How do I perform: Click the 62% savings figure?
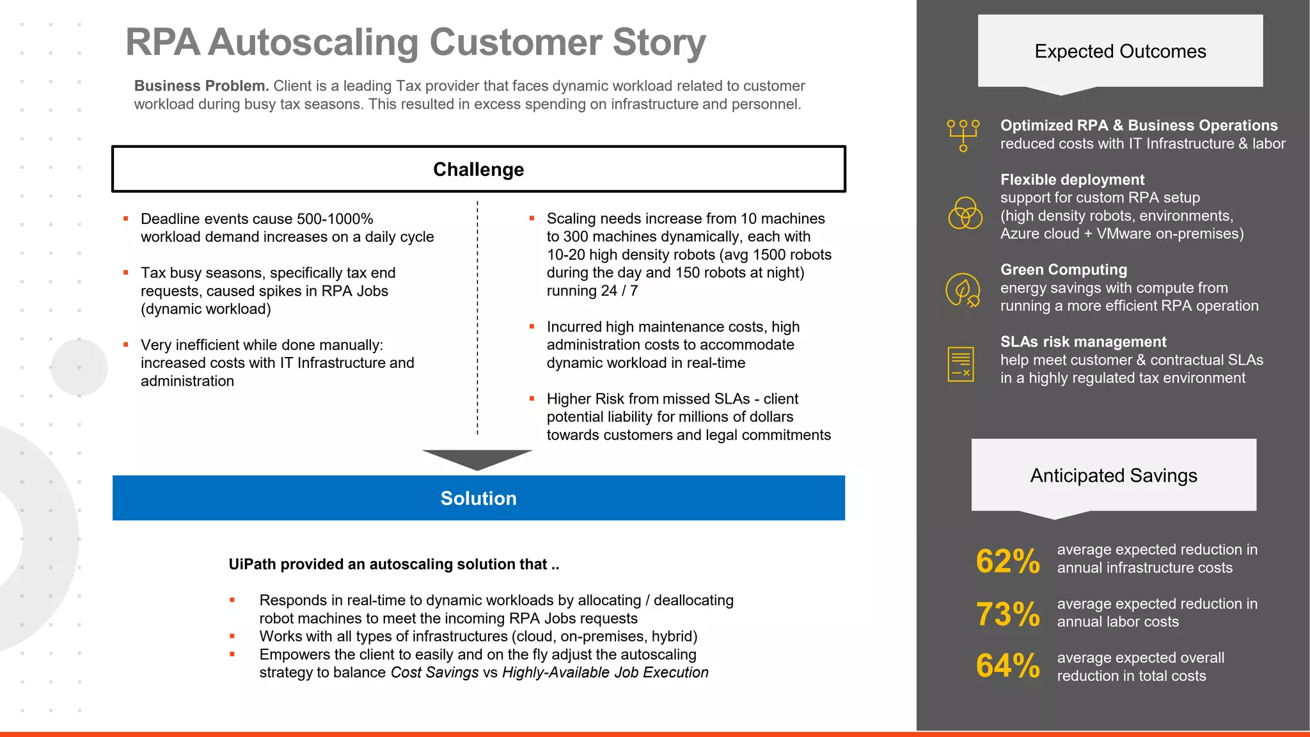[x=1007, y=561]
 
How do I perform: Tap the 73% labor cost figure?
[x=1007, y=614]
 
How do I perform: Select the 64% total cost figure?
[x=1007, y=666]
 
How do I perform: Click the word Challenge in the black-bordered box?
[x=478, y=170]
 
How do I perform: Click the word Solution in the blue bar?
[x=478, y=498]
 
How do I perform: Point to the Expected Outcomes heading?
[x=1120, y=51]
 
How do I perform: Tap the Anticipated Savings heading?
[x=1114, y=475]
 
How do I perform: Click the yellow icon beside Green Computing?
[x=963, y=290]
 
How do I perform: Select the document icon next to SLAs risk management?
[x=961, y=364]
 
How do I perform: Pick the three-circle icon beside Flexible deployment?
[x=965, y=213]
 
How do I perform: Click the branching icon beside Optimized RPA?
[x=963, y=135]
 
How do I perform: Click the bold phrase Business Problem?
[x=201, y=86]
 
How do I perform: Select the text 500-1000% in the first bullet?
[x=335, y=219]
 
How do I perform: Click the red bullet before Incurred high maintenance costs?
[x=532, y=327]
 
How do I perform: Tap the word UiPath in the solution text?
[x=252, y=564]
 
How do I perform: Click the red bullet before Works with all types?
[x=232, y=637]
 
